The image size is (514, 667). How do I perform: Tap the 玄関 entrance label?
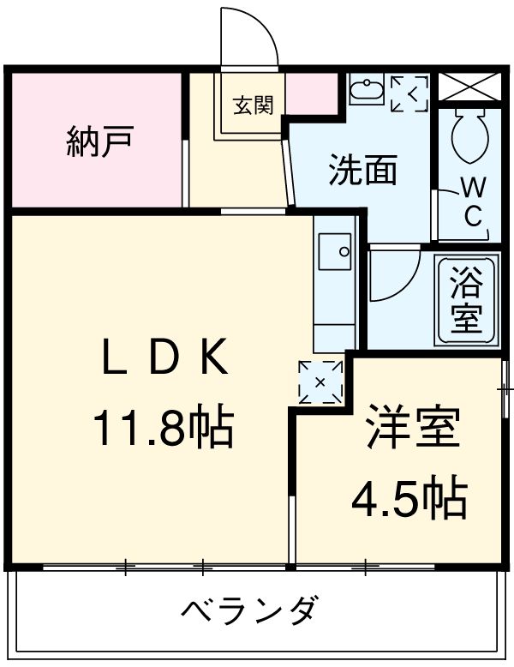[254, 106]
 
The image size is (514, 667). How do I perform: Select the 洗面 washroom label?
[363, 170]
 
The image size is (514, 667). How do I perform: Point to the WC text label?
[472, 202]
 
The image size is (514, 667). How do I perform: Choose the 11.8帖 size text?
[163, 426]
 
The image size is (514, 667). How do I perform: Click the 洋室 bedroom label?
[413, 431]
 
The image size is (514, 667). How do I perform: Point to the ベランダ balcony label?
[250, 611]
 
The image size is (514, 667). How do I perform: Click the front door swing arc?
[251, 36]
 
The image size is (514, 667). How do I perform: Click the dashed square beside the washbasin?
[409, 93]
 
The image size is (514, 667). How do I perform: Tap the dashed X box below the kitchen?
[320, 380]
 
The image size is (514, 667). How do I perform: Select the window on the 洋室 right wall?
[505, 378]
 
